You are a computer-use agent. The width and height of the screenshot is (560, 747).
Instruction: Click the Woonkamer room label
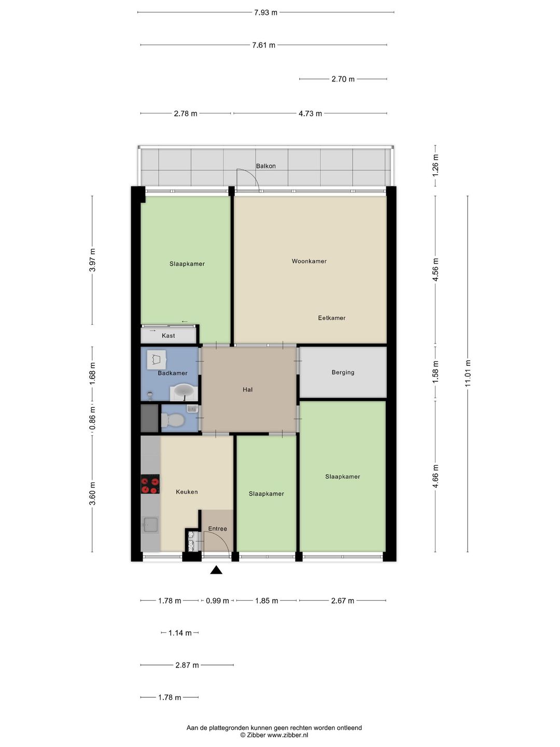pos(309,261)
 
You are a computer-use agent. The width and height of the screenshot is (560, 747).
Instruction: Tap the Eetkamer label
pos(331,318)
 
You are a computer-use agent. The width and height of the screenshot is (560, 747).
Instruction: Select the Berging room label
pos(343,372)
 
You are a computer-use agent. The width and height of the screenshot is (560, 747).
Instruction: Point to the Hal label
pos(247,390)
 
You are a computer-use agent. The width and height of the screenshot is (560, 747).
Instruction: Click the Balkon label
pos(265,166)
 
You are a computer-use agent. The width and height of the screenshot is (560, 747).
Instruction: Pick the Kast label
pos(168,336)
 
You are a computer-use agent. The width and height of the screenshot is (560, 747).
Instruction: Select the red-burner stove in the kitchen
pos(150,484)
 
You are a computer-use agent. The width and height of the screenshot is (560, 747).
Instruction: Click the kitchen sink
pos(150,525)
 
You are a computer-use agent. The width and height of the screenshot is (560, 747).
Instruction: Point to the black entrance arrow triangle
pos(216,570)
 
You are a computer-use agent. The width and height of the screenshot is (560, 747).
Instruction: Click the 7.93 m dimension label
pos(265,12)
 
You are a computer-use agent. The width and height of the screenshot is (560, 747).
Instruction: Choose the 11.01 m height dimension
pos(468,373)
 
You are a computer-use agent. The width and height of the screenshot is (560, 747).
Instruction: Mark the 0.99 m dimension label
pos(217,601)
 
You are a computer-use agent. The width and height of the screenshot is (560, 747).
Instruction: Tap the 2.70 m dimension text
pos(343,79)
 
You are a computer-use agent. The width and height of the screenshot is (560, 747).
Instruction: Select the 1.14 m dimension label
pos(180,633)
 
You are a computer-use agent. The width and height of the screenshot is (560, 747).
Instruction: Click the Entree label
pos(217,529)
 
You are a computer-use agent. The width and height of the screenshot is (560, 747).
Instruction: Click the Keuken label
pos(187,492)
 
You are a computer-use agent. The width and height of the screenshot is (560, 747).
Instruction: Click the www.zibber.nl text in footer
pos(287,735)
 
